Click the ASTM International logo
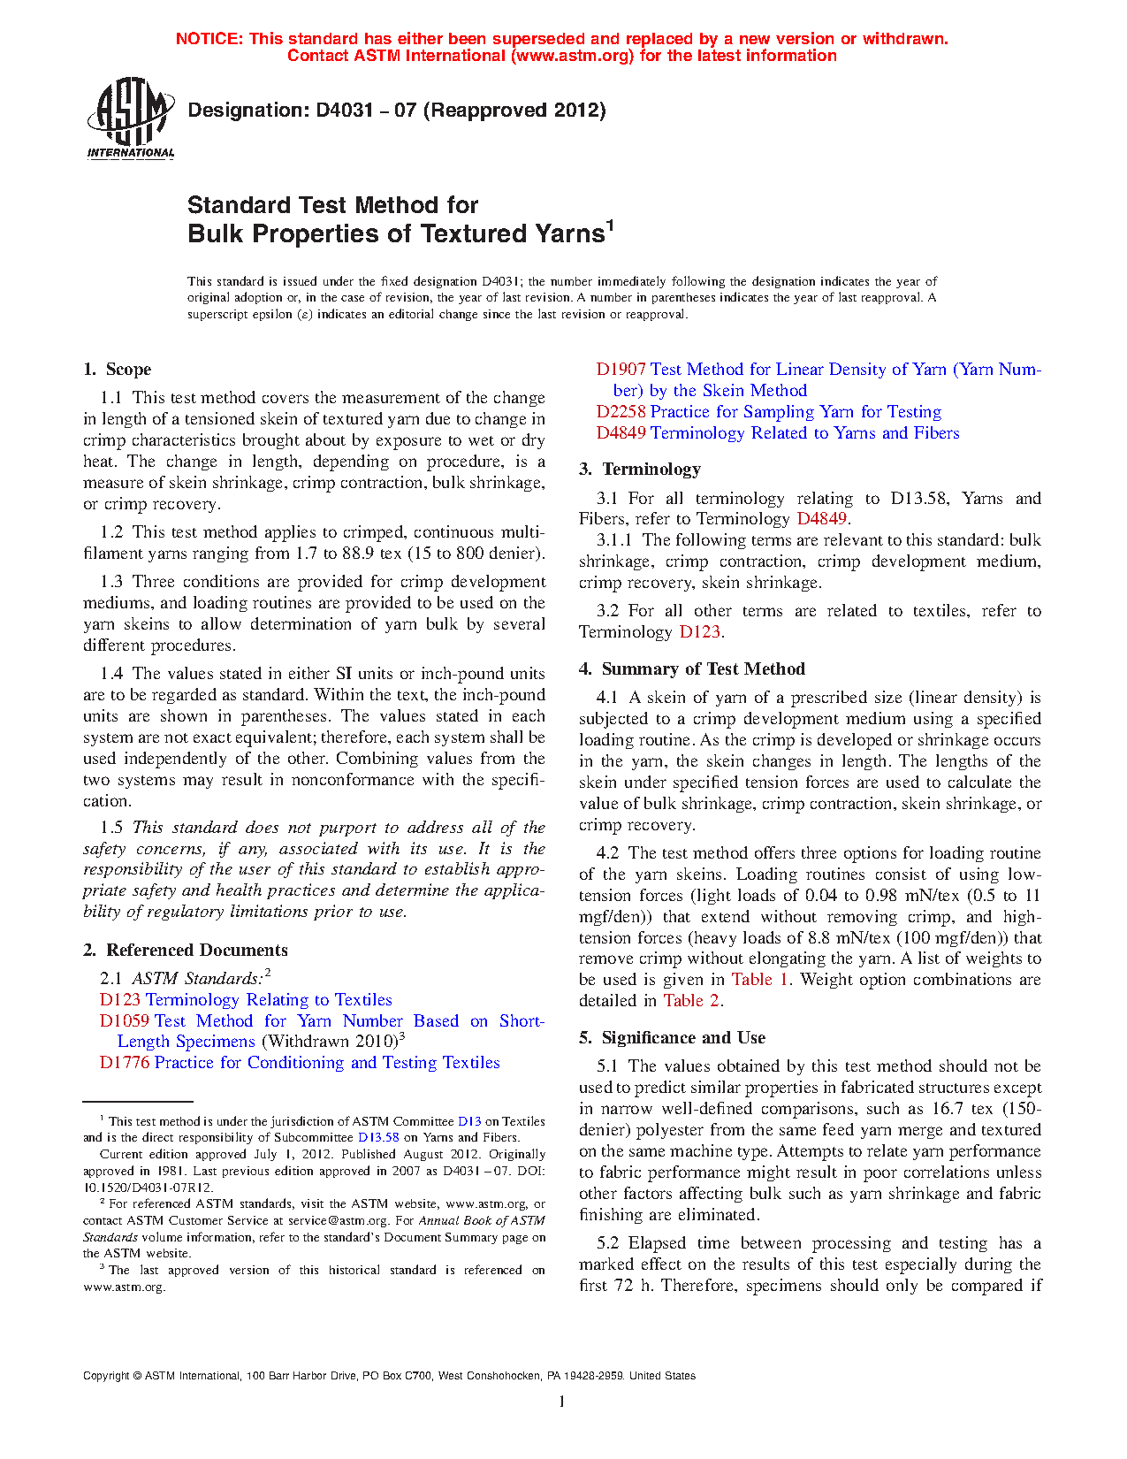(130, 118)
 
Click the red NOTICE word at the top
(209, 39)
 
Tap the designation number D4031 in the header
(348, 111)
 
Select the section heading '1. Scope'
(118, 370)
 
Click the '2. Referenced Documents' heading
(186, 951)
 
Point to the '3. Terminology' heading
(640, 470)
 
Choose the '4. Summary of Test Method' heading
(692, 669)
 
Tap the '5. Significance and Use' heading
(673, 1038)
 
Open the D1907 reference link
(621, 370)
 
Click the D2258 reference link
(621, 412)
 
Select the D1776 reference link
(125, 1063)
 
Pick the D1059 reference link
(125, 1021)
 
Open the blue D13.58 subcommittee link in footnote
(378, 1138)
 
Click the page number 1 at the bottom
(562, 1402)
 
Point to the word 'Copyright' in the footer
(105, 1376)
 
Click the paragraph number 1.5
(111, 828)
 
